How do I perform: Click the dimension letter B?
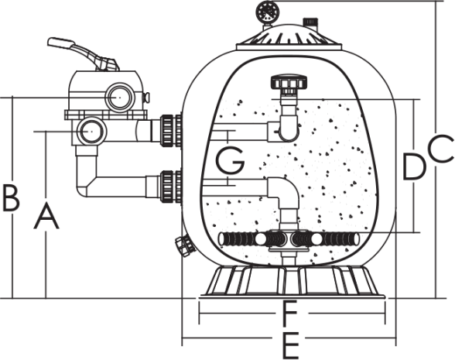[x=11, y=198]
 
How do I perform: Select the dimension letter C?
[x=441, y=149]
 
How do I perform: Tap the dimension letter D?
[x=414, y=166]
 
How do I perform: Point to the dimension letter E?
[x=290, y=346]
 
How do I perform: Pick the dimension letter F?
[x=289, y=313]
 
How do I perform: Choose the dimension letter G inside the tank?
[x=231, y=160]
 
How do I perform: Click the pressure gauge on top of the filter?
[x=267, y=12]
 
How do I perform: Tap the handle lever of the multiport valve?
[x=84, y=53]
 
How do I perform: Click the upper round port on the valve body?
[x=119, y=98]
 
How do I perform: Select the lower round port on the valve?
[x=91, y=132]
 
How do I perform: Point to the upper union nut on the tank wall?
[x=167, y=130]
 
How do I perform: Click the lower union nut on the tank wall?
[x=167, y=187]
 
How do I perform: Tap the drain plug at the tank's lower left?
[x=184, y=245]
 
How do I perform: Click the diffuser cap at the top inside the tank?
[x=289, y=83]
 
